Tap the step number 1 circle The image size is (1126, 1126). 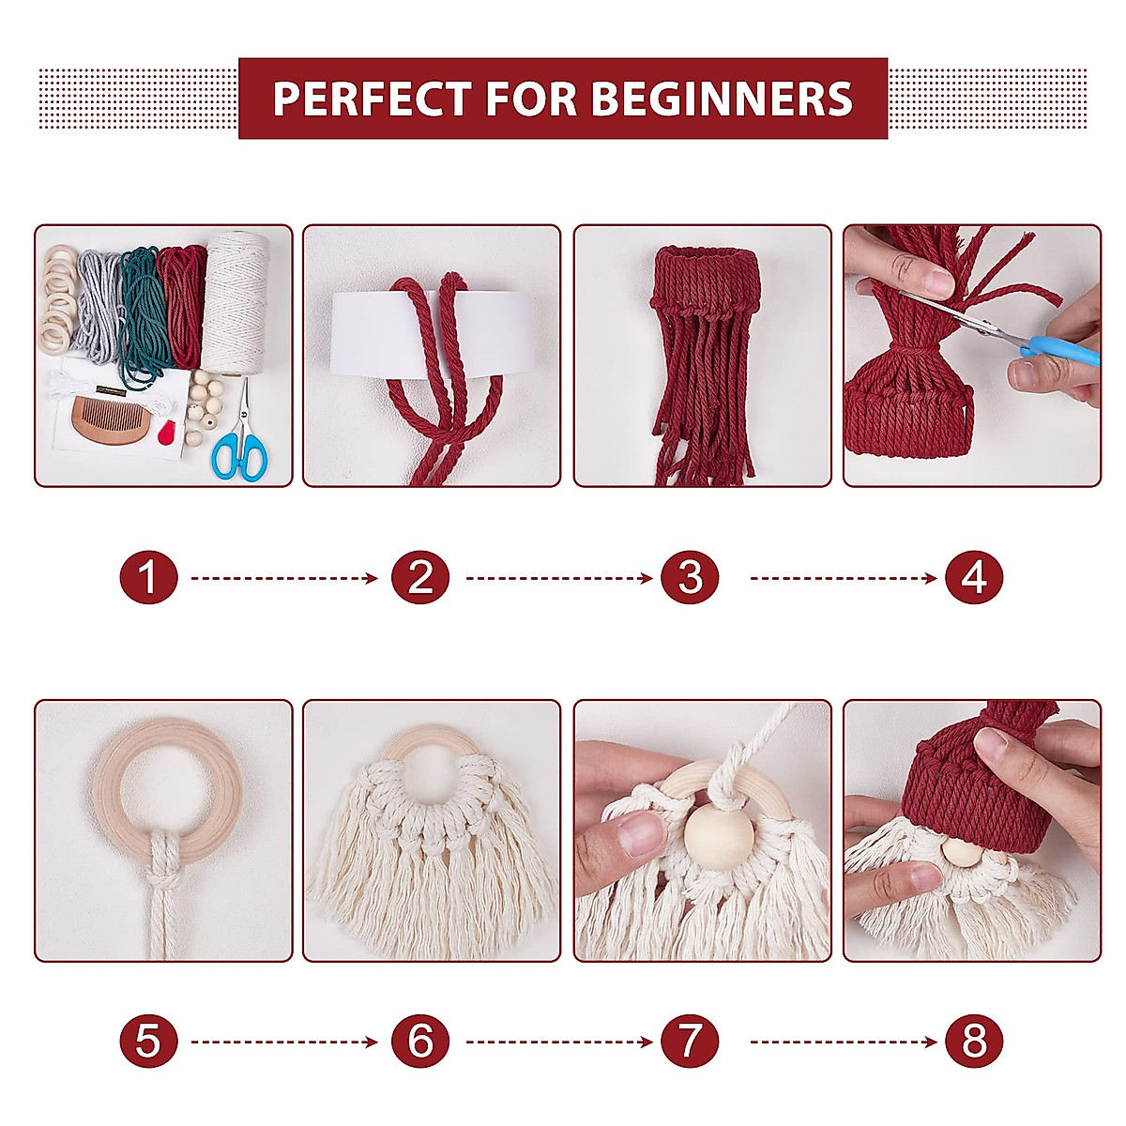(148, 578)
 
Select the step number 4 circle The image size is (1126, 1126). (974, 578)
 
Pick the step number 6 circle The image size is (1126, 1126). (419, 1042)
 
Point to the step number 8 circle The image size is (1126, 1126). (974, 1042)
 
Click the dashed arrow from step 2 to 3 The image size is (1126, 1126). (558, 578)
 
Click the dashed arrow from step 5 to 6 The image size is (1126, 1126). (283, 1042)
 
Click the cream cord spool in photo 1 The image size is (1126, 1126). (237, 300)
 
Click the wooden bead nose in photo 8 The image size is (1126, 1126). (959, 853)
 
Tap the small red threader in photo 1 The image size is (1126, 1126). (169, 434)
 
